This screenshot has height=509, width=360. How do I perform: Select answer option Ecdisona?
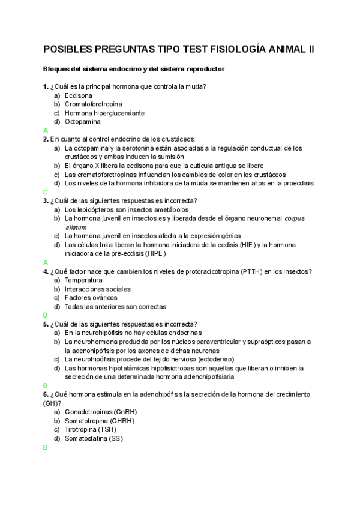pos(79,95)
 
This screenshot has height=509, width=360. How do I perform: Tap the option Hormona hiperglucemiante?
pos(104,113)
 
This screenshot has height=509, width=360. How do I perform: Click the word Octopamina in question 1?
pos(83,122)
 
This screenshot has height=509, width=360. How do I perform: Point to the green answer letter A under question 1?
pos(46,130)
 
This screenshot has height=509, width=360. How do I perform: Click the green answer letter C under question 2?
pos(46,192)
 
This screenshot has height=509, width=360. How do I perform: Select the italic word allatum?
pos(76,227)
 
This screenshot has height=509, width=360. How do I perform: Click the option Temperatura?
pos(83,280)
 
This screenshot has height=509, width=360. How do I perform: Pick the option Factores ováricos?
pos(91,298)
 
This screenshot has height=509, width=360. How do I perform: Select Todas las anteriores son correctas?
pos(115,307)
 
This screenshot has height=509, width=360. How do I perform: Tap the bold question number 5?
pos(46,324)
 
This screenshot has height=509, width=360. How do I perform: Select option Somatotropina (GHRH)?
pos(100,421)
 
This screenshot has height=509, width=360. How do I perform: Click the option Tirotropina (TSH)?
pos(91,430)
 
